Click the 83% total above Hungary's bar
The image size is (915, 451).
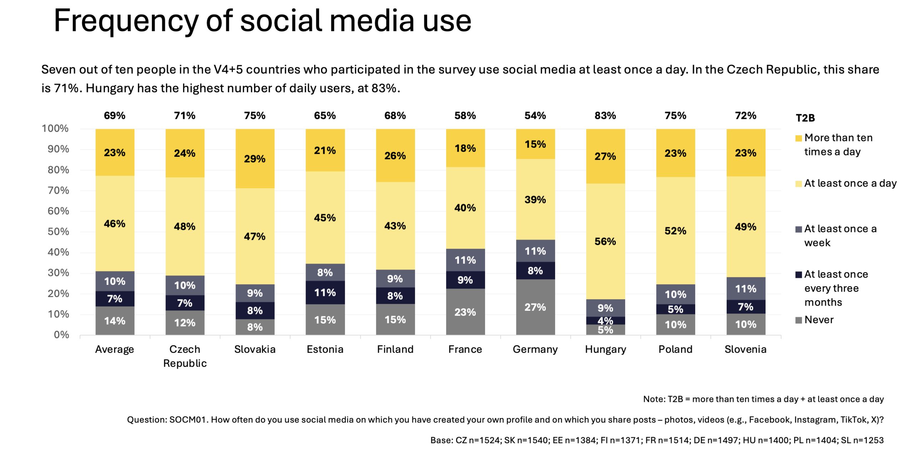pos(605,116)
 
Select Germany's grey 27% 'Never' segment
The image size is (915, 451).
pos(535,307)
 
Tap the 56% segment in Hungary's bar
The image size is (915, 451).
pos(605,241)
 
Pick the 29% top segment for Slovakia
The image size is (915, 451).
pos(255,159)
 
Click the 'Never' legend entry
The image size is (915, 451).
pos(818,320)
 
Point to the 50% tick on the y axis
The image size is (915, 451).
pos(58,232)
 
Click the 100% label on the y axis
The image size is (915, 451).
pos(55,128)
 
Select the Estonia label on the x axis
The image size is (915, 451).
pos(325,349)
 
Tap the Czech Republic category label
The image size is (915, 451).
pos(185,356)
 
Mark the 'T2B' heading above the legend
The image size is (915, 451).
pos(805,118)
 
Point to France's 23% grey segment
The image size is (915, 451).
pos(465,312)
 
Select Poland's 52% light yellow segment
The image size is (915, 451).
pos(675,231)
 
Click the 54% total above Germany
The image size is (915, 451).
pos(535,116)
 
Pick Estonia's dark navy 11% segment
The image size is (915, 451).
pos(325,292)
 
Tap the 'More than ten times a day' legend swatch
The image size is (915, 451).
pos(798,139)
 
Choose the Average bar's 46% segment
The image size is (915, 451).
pos(115,224)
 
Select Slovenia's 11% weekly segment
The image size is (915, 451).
pos(746,288)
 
